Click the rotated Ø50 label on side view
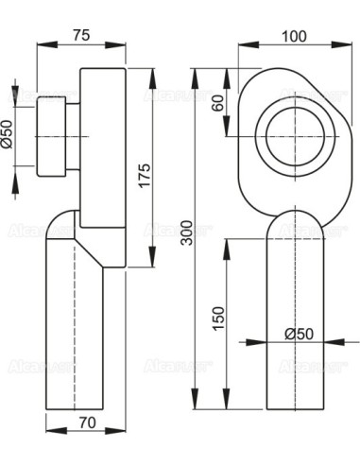(x=8, y=134)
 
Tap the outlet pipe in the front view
(x=296, y=321)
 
